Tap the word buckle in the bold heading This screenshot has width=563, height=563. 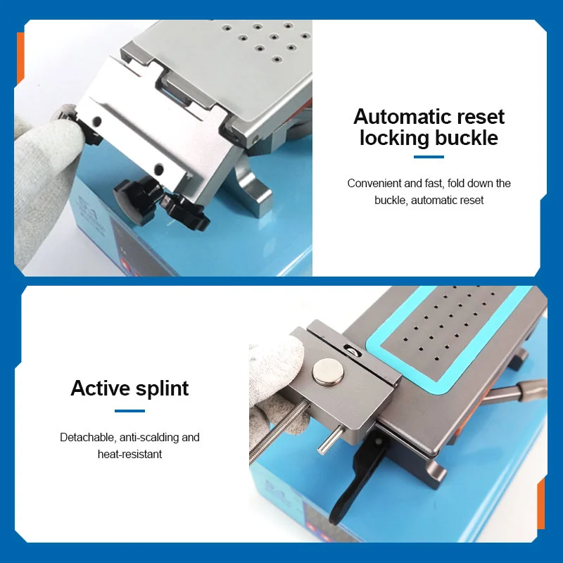pos(467,138)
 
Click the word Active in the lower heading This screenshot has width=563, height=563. pos(100,388)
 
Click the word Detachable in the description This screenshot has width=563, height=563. pos(87,437)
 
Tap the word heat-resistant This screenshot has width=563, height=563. pos(129,454)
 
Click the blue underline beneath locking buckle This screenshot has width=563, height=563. pos(429,156)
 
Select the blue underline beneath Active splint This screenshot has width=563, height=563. pos(129,411)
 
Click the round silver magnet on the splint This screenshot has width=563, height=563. pos(327,372)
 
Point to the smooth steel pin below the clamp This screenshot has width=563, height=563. pos(329,440)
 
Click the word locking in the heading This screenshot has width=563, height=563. pos(395,138)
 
